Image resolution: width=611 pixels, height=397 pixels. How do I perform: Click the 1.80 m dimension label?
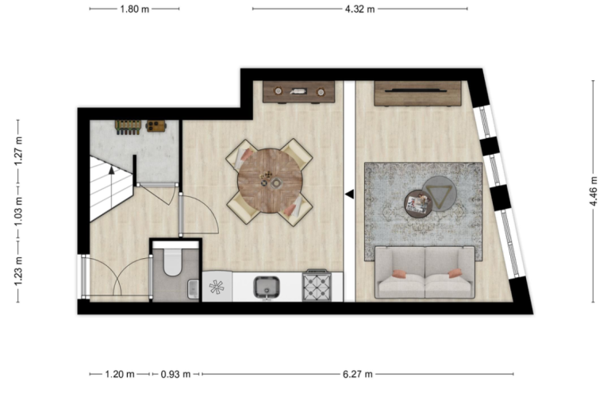tap(134, 9)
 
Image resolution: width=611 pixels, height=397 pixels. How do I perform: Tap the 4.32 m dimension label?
tap(359, 9)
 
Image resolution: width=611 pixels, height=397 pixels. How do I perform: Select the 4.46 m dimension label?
tap(593, 191)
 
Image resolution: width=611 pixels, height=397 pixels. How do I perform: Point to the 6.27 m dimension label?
tap(358, 375)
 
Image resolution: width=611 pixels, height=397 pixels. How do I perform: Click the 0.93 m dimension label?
tap(175, 375)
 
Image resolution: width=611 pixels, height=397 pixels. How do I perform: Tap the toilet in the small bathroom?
tap(172, 259)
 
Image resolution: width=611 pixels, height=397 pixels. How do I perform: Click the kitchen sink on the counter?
tap(267, 287)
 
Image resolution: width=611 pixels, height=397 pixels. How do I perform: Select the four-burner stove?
tap(317, 286)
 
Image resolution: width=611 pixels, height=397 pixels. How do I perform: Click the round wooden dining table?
tap(270, 180)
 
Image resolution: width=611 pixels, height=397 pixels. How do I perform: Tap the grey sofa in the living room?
tap(425, 272)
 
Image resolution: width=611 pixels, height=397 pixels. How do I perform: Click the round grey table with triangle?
tap(440, 194)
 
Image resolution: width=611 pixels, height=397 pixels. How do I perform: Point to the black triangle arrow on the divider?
tap(349, 194)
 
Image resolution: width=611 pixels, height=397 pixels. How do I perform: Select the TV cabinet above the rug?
tap(417, 93)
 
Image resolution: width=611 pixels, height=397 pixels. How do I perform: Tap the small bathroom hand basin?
tap(194, 288)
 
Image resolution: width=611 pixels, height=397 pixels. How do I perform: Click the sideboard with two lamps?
tap(299, 92)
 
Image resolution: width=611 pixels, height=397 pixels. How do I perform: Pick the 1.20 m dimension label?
tap(120, 375)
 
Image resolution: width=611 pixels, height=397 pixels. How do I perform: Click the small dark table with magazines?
tap(418, 203)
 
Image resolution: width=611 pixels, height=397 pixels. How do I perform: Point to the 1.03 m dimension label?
tap(18, 213)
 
